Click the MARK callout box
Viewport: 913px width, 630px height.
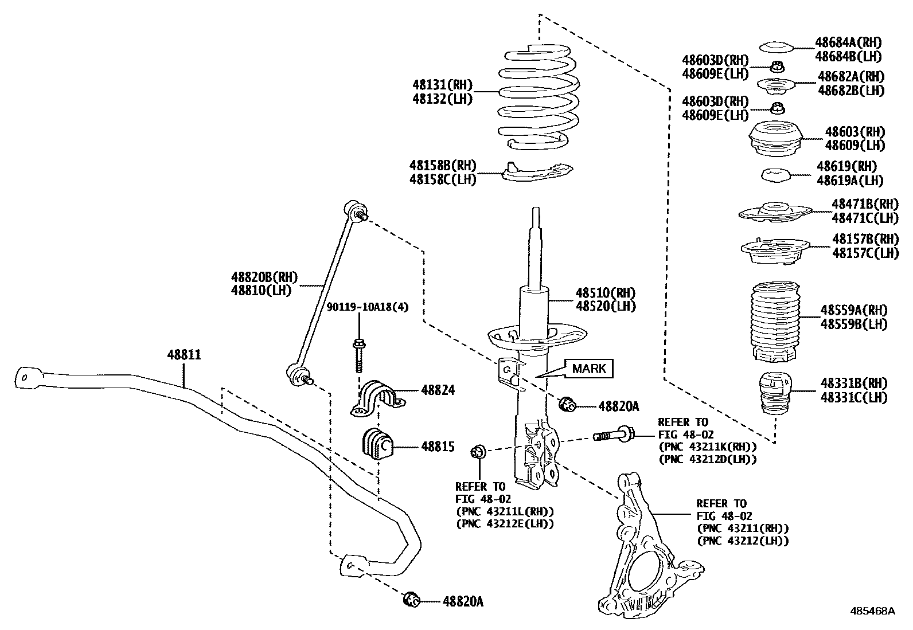coord(589,369)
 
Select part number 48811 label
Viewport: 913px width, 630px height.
coord(184,355)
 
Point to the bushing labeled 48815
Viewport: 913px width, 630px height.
coord(376,443)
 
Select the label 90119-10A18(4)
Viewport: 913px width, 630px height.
coord(368,307)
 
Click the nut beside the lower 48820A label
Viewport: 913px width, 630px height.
coord(412,600)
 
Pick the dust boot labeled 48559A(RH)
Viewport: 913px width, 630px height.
coord(775,321)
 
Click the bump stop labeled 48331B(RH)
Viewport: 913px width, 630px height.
coord(775,396)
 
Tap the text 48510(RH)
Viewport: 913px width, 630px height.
coord(606,293)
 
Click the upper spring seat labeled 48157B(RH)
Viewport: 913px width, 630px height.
coord(775,252)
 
